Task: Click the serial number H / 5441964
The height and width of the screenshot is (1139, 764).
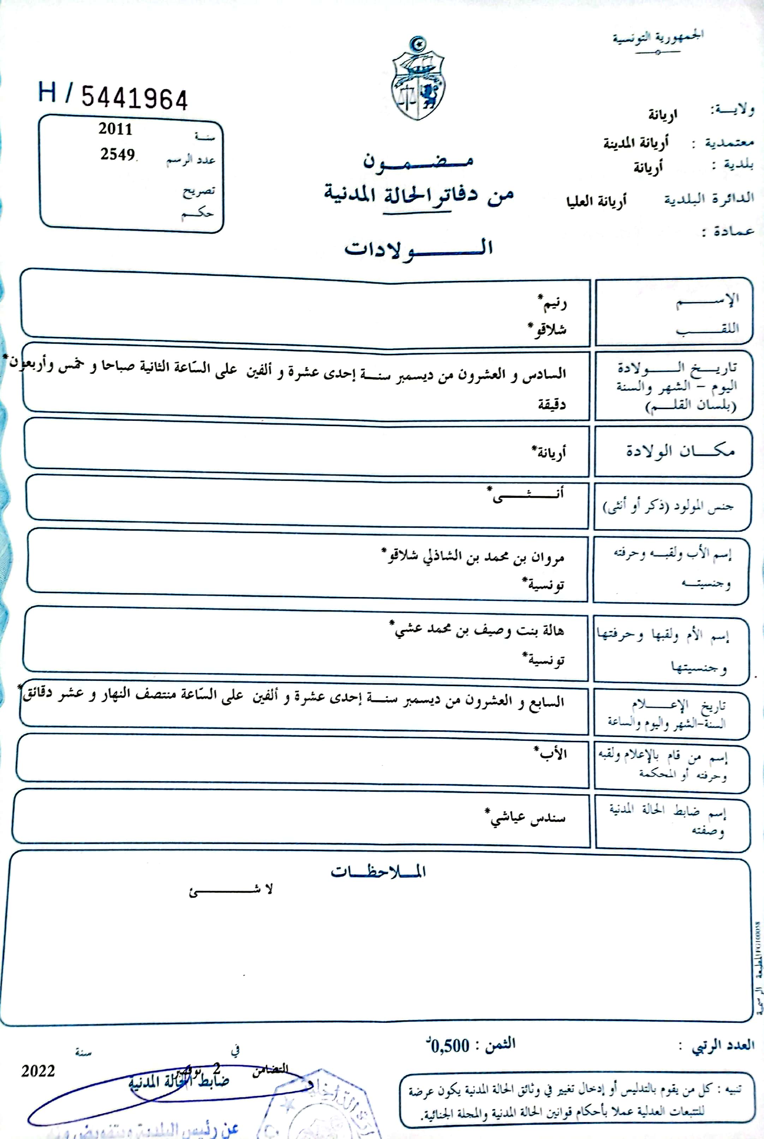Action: click(x=113, y=96)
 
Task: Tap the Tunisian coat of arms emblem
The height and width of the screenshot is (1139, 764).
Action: click(x=418, y=79)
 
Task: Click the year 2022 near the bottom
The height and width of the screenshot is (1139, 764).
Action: click(x=38, y=1071)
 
